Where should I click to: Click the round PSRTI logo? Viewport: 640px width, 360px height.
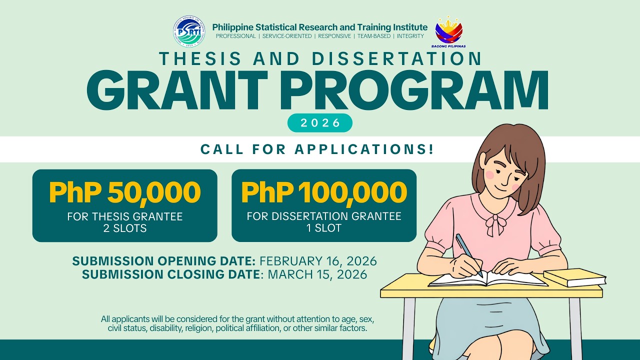(189, 30)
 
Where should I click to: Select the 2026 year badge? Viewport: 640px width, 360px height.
(320, 123)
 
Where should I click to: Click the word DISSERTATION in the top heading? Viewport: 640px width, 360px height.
(396, 58)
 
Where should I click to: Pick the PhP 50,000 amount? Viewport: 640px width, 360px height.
(124, 192)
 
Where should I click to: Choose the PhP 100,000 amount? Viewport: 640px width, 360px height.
(324, 192)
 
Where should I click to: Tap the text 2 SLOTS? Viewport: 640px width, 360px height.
(124, 228)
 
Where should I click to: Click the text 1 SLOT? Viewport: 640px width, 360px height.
(324, 228)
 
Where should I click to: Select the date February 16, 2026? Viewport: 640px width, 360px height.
(318, 261)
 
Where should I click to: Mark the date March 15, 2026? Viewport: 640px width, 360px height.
(317, 274)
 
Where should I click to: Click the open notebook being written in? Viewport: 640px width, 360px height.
(487, 278)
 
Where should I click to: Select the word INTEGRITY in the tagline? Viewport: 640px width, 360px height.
(410, 36)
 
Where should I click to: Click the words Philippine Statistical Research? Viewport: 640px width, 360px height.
(277, 27)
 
